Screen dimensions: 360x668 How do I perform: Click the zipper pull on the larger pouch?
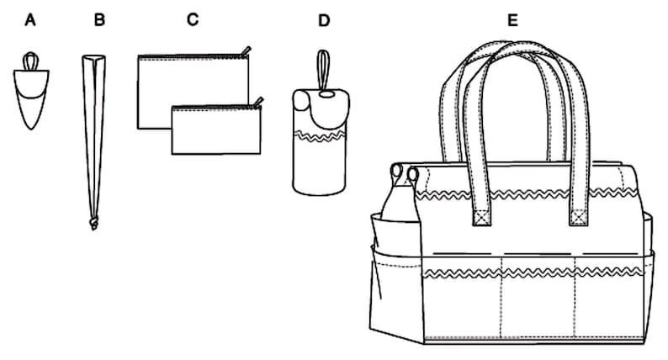(246, 50)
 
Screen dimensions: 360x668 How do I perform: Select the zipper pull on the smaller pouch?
(257, 102)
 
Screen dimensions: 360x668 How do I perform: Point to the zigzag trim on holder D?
(322, 135)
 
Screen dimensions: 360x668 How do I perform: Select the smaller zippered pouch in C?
(215, 130)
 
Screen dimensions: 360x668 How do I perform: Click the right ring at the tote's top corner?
(414, 173)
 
